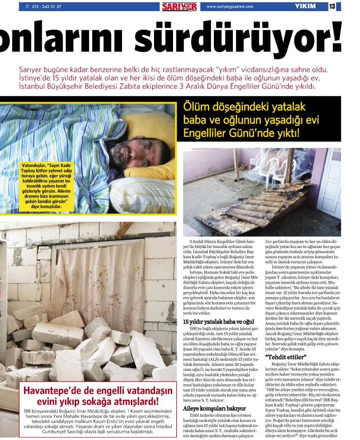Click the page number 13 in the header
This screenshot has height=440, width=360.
pyautogui.click(x=332, y=6)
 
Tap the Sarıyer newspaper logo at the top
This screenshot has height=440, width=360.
pyautogui.click(x=179, y=6)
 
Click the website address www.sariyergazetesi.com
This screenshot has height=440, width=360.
pyautogui.click(x=230, y=6)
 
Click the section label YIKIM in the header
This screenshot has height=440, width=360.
pyautogui.click(x=305, y=6)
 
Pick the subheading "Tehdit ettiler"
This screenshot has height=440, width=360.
pyautogui.click(x=286, y=357)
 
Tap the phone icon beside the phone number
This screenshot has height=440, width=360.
pyautogui.click(x=28, y=6)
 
